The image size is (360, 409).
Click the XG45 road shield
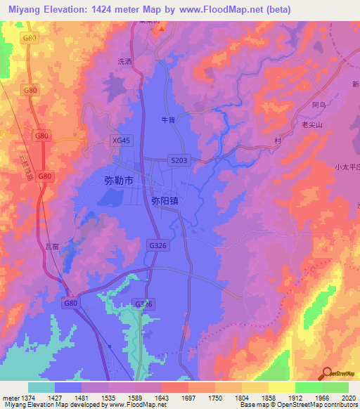coord(122,141)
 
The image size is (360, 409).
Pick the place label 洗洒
coord(124,62)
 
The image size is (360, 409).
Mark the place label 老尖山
coord(311,124)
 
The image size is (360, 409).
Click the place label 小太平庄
coord(347,167)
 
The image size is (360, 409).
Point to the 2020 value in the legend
coord(347,398)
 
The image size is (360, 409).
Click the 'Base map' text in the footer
coord(251,405)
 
